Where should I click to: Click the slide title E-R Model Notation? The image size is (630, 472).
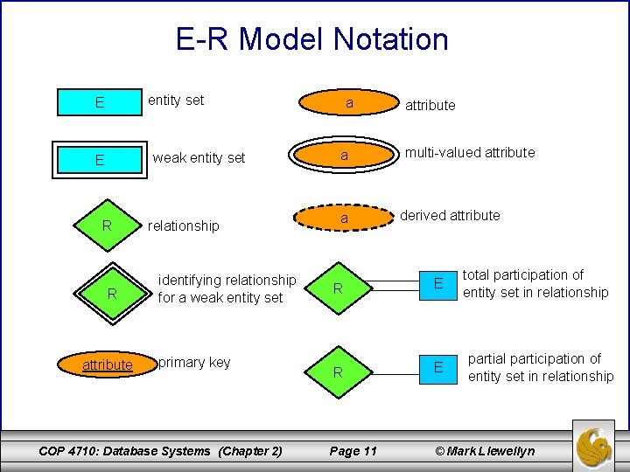pos(311,39)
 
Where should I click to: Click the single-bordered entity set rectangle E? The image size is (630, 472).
pos(101,102)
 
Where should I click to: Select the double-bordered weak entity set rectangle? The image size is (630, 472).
pos(101,160)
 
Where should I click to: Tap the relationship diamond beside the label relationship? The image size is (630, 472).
pos(107,226)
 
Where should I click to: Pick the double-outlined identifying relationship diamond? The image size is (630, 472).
pos(111,294)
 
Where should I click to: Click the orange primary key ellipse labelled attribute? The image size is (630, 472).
pos(108,364)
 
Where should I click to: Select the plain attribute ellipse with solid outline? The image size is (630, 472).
pos(349,103)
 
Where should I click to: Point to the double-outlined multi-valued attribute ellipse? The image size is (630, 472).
pos(345,156)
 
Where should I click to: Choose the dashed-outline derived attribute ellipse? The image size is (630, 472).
pos(345,218)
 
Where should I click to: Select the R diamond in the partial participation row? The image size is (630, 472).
pos(337,372)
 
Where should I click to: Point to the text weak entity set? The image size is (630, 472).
pos(199,158)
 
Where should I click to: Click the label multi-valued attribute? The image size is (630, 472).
pos(469,153)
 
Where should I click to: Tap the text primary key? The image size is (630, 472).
pos(194,363)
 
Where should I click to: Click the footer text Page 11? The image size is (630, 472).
pos(353,451)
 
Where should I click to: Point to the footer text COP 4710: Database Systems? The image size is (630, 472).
pos(125,451)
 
